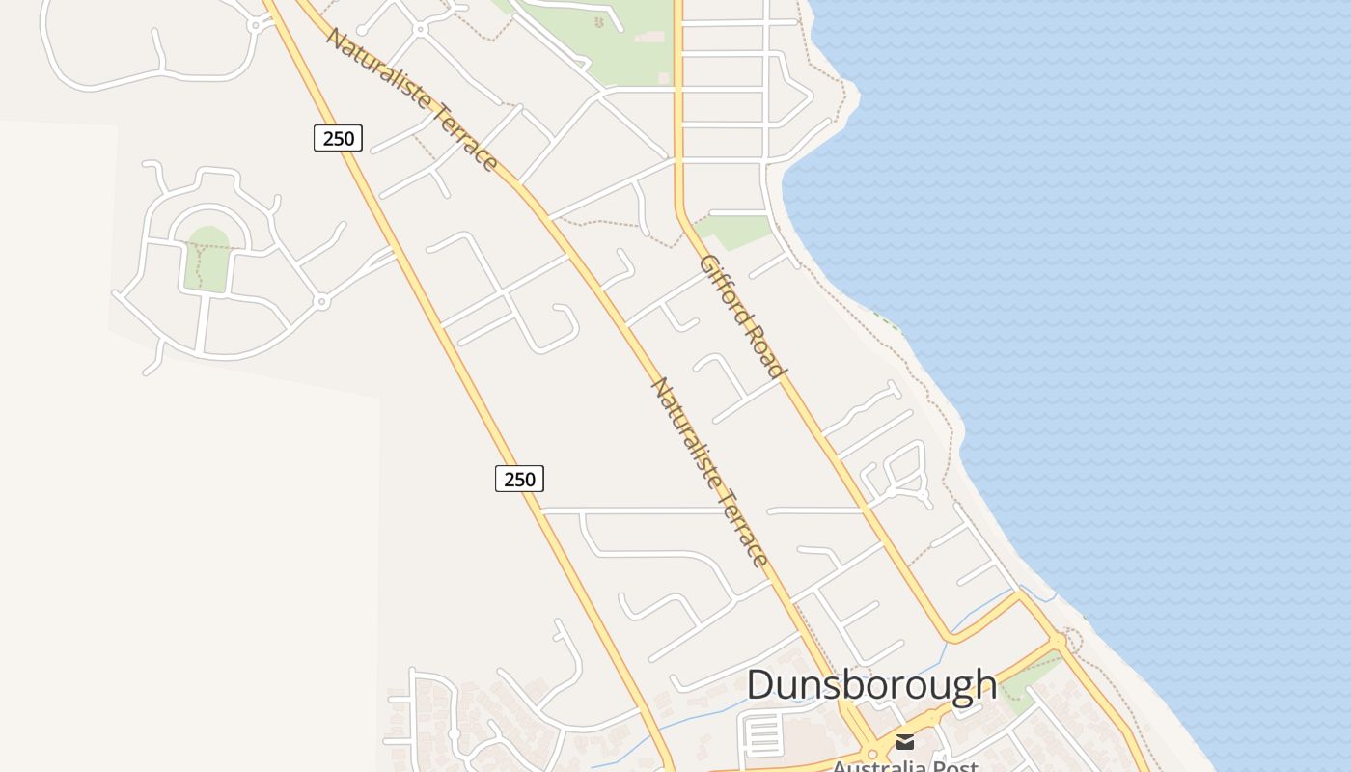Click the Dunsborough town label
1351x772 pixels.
click(x=871, y=684)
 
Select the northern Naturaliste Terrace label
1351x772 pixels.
click(x=412, y=99)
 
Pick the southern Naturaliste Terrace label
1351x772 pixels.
click(x=710, y=472)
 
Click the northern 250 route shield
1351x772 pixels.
click(x=338, y=138)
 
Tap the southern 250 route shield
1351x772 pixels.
click(x=519, y=478)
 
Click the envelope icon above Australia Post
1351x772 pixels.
click(x=905, y=741)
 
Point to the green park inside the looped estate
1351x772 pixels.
click(x=207, y=259)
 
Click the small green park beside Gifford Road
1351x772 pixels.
click(x=736, y=230)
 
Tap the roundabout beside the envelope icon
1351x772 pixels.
click(x=872, y=754)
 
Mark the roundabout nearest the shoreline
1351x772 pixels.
click(x=1058, y=641)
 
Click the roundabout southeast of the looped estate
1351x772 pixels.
click(x=322, y=302)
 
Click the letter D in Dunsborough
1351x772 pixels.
click(x=759, y=684)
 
